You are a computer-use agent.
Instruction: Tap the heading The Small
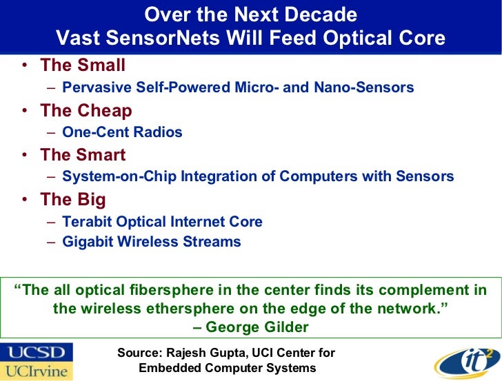pyautogui.click(x=83, y=65)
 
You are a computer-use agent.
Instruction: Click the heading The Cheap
pyautogui.click(x=86, y=110)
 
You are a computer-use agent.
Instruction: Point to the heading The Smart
pyautogui.click(x=83, y=155)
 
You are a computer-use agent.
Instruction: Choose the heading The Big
pyautogui.click(x=73, y=200)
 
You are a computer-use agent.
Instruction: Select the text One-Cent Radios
pyautogui.click(x=122, y=132)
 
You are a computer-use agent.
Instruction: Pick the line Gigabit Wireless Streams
pyautogui.click(x=151, y=242)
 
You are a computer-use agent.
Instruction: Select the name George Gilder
pyautogui.click(x=257, y=327)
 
